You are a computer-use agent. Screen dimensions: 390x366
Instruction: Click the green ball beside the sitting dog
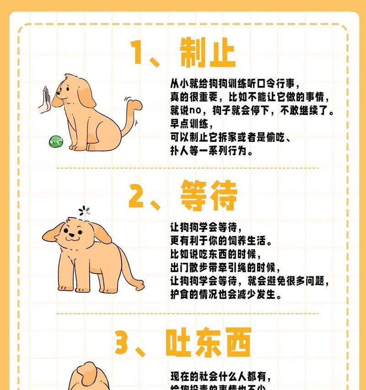pos(55,141)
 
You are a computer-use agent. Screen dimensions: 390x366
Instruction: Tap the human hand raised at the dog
pos(45,100)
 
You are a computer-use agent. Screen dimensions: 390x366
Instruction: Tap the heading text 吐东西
pos(209,343)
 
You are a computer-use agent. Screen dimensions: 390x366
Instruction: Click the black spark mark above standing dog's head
pos(84,211)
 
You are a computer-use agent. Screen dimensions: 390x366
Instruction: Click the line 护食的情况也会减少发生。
pos(225,295)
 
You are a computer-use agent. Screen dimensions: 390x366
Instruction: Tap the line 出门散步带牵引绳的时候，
pos(225,268)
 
